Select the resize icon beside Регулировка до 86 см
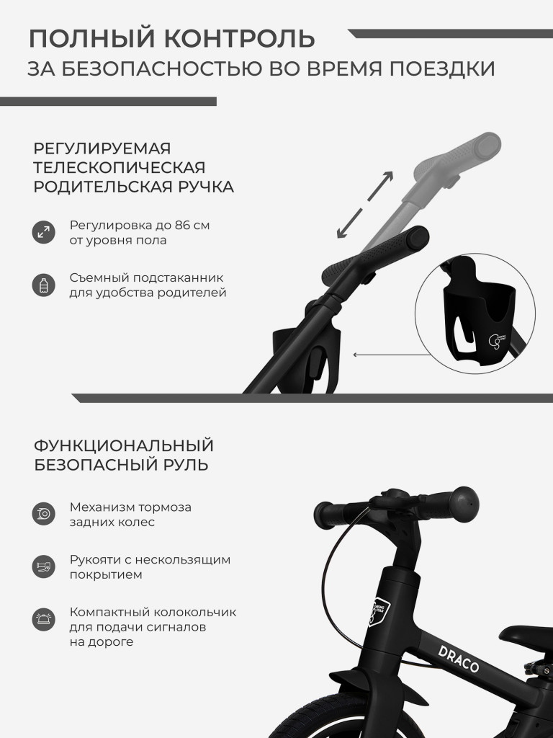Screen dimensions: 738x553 click(43, 232)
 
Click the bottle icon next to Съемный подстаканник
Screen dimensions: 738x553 click(43, 285)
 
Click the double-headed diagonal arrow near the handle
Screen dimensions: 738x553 click(365, 205)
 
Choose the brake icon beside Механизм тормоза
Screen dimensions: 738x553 click(43, 514)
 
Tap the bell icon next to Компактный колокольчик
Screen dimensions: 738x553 click(43, 619)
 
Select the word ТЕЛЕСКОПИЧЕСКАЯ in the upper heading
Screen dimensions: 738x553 click(120, 167)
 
